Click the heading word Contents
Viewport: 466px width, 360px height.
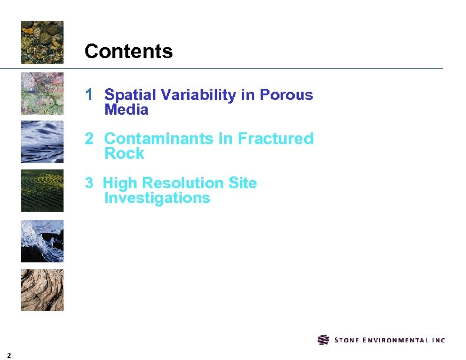tap(128, 52)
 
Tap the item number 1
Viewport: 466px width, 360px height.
tap(89, 95)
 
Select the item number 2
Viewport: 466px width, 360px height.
tap(89, 139)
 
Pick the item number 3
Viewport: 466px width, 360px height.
tap(89, 183)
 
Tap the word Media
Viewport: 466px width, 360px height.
tap(126, 110)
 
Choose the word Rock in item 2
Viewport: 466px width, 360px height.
tap(124, 154)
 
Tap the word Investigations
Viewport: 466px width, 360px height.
tap(157, 198)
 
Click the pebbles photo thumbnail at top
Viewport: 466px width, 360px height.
tap(42, 42)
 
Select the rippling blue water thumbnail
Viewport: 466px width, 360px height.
tap(42, 142)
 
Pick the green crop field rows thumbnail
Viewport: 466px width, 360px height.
tap(42, 191)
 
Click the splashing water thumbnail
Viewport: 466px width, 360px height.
tap(42, 241)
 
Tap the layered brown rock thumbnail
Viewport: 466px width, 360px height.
tap(42, 290)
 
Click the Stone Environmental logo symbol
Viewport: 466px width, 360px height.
tap(323, 340)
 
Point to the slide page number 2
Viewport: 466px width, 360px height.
tap(9, 354)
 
